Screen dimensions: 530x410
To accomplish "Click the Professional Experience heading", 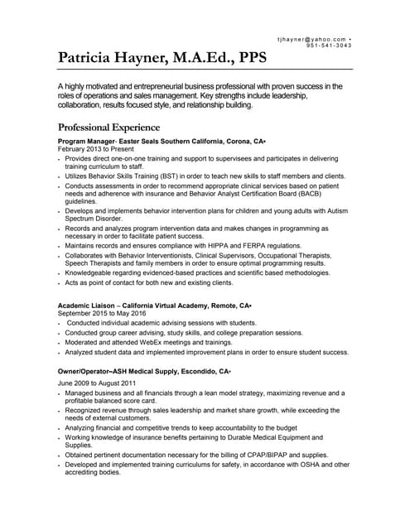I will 109,128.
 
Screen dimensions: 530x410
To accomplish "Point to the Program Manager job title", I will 85,142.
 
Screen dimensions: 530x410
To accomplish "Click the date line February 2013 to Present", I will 94,150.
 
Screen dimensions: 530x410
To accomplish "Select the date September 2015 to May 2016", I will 102,314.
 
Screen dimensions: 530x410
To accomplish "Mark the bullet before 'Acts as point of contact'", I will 60,283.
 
